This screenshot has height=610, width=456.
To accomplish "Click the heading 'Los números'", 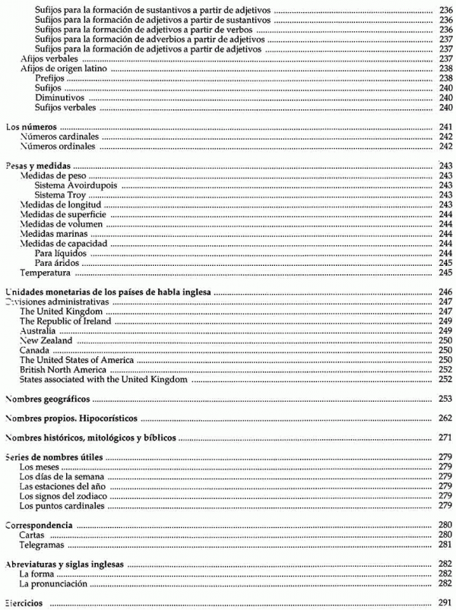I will [31, 128].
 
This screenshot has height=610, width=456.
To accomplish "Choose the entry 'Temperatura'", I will [46, 272].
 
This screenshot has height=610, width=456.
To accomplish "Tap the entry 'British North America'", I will [62, 369].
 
